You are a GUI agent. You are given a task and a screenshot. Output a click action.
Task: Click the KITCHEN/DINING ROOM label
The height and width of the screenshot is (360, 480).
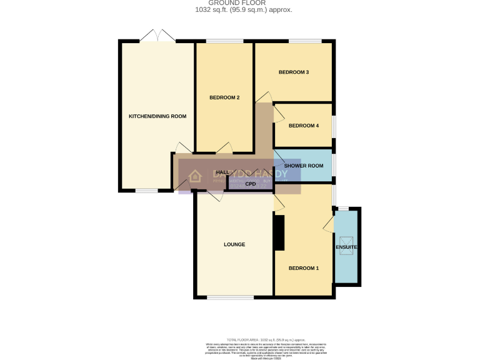point(157,116)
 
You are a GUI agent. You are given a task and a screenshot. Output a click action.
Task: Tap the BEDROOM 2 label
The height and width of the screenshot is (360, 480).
point(224,97)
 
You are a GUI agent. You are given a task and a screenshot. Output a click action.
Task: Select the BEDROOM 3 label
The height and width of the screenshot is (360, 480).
point(294,72)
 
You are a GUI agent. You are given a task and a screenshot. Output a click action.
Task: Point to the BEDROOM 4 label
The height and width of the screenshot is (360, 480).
point(303,126)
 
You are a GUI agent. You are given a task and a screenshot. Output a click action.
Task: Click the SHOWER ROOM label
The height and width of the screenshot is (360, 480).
point(303,166)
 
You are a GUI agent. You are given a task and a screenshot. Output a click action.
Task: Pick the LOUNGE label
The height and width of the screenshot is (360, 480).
point(234,244)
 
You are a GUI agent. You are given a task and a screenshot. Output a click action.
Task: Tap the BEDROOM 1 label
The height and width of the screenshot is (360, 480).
point(303,268)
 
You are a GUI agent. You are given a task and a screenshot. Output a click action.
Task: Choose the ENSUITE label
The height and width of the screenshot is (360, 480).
point(347,248)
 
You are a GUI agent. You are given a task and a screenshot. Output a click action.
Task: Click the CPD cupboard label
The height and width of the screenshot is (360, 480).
point(251,184)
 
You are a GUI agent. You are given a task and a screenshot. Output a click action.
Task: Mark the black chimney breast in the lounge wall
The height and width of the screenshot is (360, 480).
point(279,233)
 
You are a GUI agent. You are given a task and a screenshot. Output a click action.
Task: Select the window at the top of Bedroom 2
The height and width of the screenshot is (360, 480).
point(225,42)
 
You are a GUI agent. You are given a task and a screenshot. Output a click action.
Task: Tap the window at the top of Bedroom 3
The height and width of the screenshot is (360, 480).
point(305,42)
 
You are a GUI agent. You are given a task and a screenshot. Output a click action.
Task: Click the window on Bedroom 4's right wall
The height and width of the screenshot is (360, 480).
point(333,126)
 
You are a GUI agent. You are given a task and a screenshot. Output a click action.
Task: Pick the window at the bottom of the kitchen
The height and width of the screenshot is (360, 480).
point(147,190)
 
